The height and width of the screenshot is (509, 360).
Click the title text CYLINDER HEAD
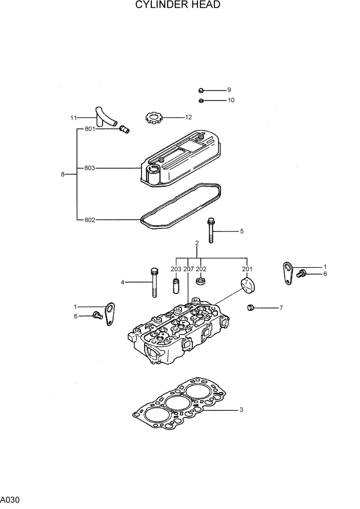[178, 6]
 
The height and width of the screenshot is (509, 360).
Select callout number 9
[229, 90]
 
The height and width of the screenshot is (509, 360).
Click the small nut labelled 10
[202, 100]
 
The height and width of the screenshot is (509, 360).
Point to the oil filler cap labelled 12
[153, 119]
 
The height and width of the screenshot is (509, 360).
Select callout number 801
[90, 129]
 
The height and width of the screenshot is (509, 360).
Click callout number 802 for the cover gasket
[90, 220]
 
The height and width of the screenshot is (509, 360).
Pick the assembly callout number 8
[63, 174]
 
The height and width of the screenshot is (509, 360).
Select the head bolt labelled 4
[154, 282]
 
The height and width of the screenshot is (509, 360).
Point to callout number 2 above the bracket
[196, 243]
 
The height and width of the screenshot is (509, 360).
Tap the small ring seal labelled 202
[202, 281]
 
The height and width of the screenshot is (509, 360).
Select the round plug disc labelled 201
[247, 286]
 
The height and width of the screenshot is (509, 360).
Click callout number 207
[188, 269]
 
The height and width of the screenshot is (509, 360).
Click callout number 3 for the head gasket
[241, 410]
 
